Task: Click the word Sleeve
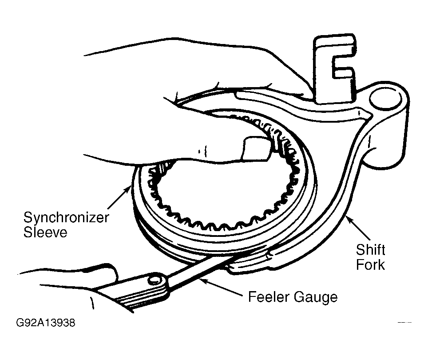click(45, 232)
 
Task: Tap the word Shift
click(370, 250)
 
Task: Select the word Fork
click(370, 264)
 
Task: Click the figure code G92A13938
click(46, 323)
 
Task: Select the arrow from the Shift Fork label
click(358, 228)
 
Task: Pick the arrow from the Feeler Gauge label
click(221, 286)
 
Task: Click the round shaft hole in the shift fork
click(385, 100)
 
